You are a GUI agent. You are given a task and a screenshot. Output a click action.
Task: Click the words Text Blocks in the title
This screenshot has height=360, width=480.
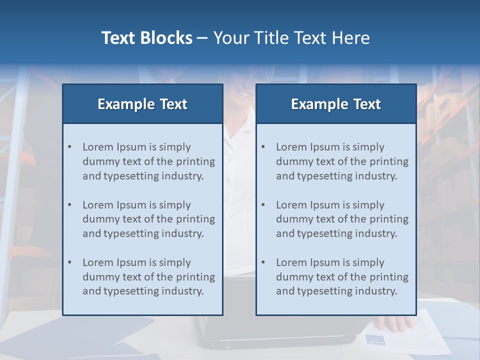click(146, 38)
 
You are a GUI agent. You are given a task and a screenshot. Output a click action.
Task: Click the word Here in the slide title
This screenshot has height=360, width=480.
click(351, 38)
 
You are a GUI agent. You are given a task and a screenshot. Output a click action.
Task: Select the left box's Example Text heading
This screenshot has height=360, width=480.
click(142, 104)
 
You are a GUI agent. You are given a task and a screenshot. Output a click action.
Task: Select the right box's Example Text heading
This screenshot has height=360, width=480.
click(336, 104)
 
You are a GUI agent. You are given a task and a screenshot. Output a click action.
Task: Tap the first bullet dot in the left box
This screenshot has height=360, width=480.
click(70, 147)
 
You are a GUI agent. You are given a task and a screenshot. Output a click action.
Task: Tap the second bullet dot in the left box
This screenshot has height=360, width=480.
click(70, 205)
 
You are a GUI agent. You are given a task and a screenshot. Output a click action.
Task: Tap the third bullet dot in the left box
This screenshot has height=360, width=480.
click(70, 262)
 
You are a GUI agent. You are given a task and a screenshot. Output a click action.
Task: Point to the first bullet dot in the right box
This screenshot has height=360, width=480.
click(263, 147)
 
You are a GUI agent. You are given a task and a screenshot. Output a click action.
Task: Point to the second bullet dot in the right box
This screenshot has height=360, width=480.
click(263, 205)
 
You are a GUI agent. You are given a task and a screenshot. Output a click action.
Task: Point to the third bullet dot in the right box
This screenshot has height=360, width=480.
click(263, 262)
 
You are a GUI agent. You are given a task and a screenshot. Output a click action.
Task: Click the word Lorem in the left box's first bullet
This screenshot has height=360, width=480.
click(98, 147)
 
